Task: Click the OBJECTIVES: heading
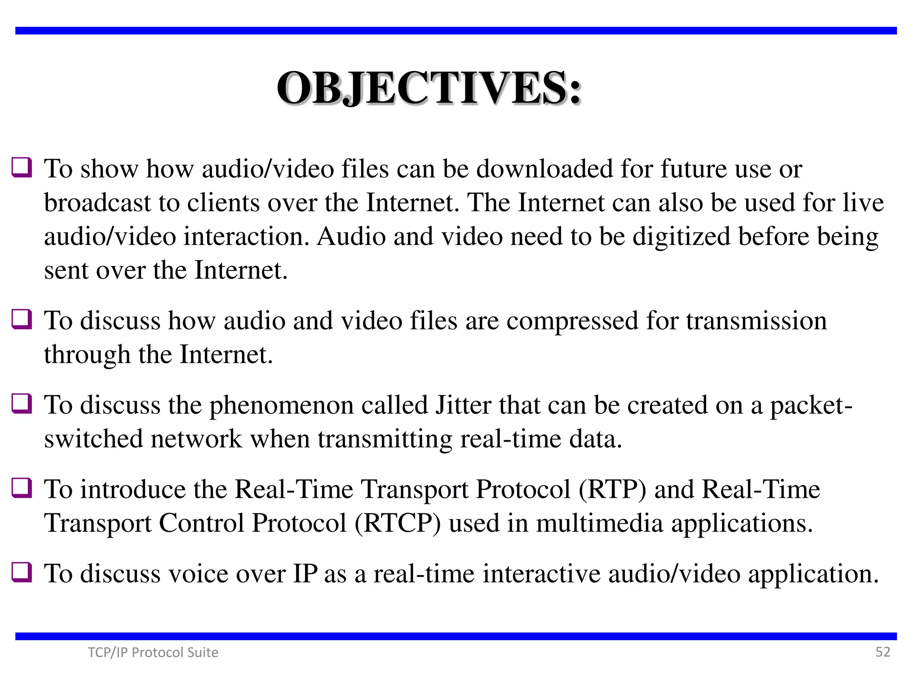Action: pos(429,88)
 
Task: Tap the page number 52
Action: pos(882,652)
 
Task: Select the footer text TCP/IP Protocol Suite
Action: pos(153,652)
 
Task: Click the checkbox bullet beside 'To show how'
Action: pos(22,168)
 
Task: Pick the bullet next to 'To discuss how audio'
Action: pos(22,319)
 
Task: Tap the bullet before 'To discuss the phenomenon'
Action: pos(22,403)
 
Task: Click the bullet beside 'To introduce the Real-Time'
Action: pos(22,488)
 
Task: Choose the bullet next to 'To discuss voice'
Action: pos(22,572)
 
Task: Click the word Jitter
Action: pos(463,405)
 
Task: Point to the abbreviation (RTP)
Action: pos(612,490)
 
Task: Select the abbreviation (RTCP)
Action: pos(398,523)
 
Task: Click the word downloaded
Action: pos(544,169)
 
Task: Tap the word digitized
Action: pos(681,237)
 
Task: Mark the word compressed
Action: pos(572,321)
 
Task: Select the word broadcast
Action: pos(97,203)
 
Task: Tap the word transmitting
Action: pos(385,439)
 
